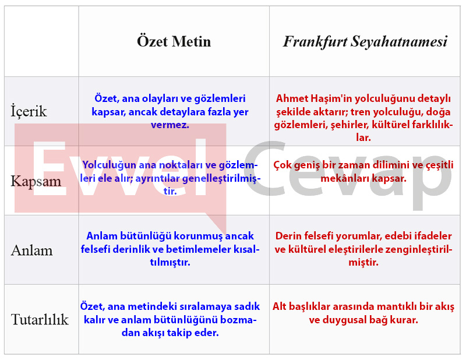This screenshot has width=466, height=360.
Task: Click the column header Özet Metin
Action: [174, 41]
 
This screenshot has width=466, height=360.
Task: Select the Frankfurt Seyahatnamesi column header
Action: [365, 41]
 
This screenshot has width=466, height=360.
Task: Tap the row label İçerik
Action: [29, 111]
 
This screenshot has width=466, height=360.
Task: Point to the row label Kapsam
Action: [36, 181]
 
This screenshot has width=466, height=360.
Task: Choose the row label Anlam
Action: [32, 250]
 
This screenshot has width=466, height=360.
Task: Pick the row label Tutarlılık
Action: [40, 319]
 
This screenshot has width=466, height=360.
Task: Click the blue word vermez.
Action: [170, 125]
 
